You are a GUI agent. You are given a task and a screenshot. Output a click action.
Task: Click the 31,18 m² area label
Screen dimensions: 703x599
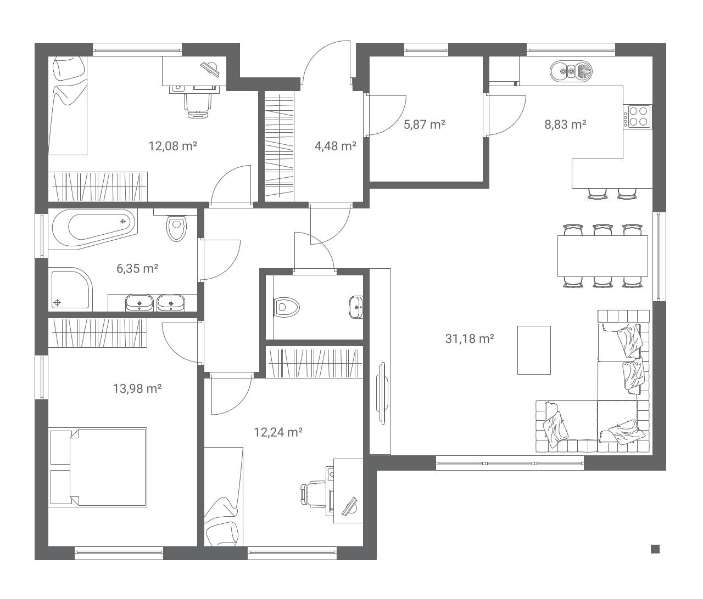point(470,339)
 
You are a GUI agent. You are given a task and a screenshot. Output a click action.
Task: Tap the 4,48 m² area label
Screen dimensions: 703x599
point(336,146)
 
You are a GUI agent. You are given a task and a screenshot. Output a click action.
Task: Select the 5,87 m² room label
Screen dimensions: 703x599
point(425,125)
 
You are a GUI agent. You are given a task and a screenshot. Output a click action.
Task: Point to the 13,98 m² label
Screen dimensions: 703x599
point(137,388)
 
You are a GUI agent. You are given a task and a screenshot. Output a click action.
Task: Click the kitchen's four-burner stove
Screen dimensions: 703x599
point(638,116)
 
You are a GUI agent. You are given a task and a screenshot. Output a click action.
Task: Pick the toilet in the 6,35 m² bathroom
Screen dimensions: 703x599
point(176,225)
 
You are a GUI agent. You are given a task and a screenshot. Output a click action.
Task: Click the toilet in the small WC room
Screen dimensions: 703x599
point(286,308)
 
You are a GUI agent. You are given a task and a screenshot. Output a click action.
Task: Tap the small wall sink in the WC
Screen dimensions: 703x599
point(356,307)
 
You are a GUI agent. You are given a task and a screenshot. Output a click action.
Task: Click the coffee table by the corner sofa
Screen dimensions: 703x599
point(534,350)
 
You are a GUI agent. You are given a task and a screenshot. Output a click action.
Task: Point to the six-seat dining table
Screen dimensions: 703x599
point(602,256)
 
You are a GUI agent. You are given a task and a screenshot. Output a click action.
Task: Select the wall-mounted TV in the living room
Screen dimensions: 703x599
point(382,393)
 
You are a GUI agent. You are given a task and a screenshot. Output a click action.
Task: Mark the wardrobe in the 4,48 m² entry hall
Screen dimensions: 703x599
point(279,146)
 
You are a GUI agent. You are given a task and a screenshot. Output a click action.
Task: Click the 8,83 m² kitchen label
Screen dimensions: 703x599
point(565,125)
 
